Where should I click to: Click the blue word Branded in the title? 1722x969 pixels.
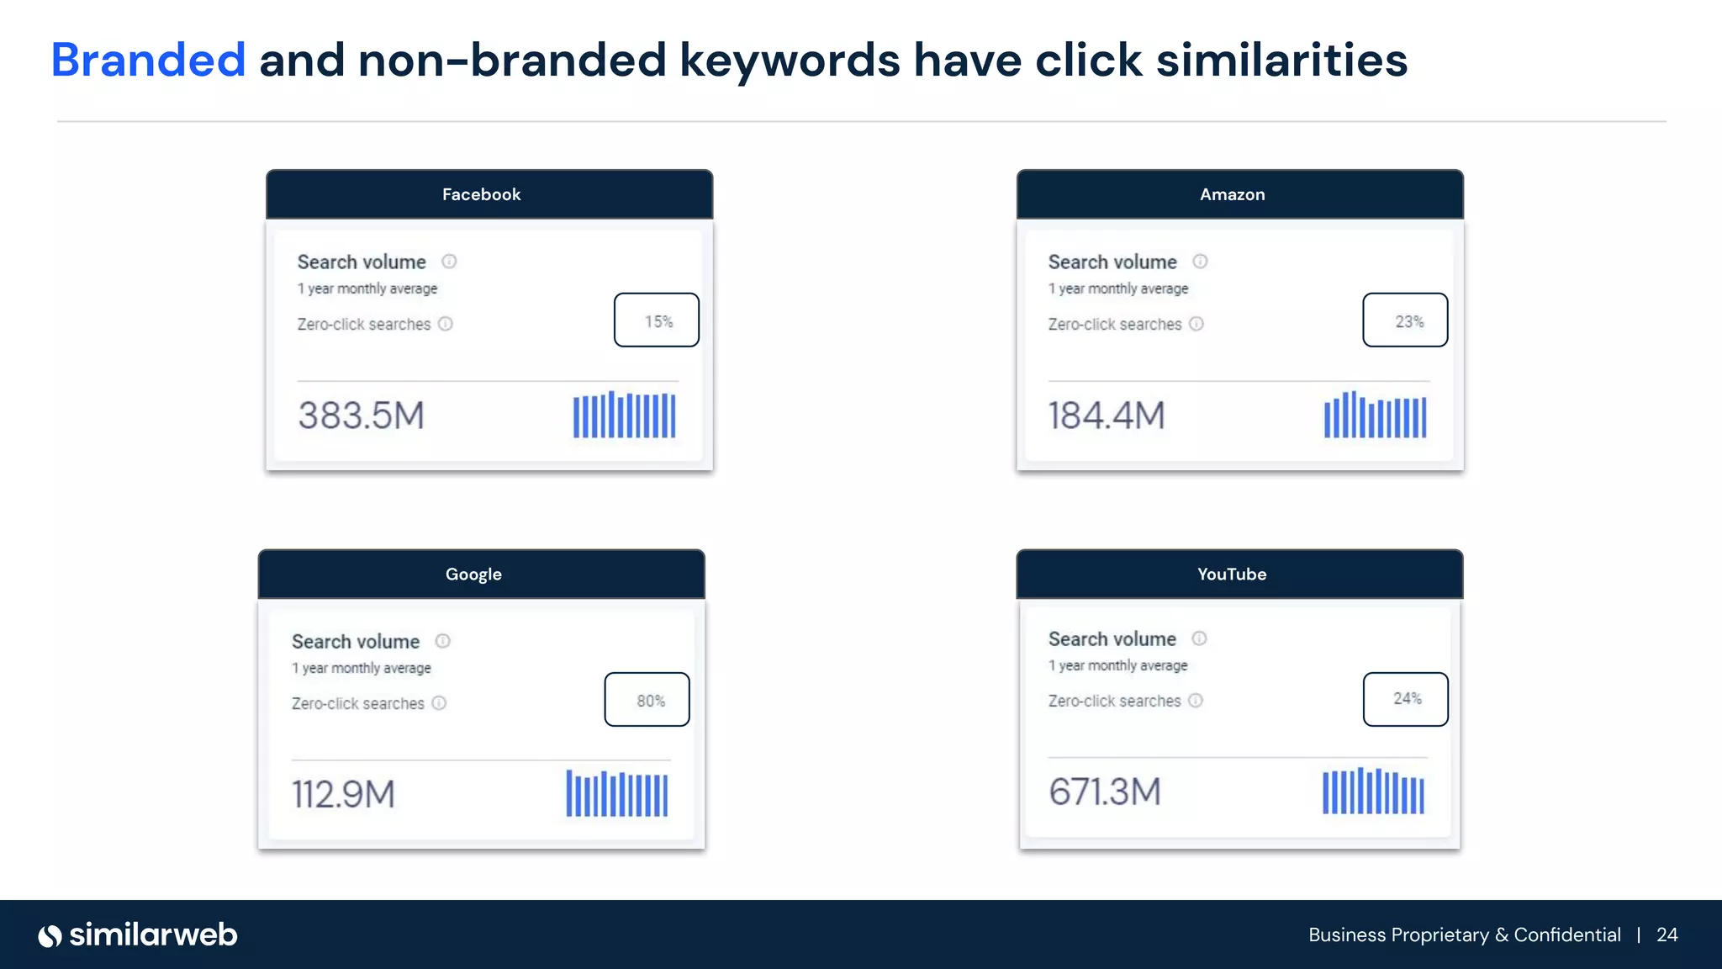(x=148, y=61)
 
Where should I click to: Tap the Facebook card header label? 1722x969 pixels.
(x=481, y=194)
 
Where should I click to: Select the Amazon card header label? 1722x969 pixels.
(x=1232, y=194)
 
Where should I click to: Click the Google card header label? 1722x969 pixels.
(x=473, y=575)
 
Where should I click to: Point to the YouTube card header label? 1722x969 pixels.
(x=1232, y=575)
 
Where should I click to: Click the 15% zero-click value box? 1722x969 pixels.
(x=657, y=320)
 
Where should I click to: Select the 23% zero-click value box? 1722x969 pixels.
(x=1405, y=320)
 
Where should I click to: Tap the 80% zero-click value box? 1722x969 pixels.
(x=647, y=700)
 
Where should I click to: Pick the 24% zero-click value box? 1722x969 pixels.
(x=1405, y=699)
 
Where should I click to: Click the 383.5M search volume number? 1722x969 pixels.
(x=362, y=416)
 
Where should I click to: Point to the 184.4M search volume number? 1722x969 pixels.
(x=1107, y=416)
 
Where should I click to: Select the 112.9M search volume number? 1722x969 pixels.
(x=343, y=794)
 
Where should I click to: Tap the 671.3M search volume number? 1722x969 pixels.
(x=1105, y=792)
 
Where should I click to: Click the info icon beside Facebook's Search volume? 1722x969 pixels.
(x=449, y=262)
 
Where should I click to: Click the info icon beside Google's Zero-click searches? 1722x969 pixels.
(x=439, y=703)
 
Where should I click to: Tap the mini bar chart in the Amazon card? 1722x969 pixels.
(x=1375, y=415)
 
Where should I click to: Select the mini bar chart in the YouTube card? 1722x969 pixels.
(x=1373, y=792)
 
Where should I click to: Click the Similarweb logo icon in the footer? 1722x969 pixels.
(x=50, y=935)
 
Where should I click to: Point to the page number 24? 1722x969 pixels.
(x=1667, y=935)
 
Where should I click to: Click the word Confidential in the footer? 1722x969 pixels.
(x=1567, y=935)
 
